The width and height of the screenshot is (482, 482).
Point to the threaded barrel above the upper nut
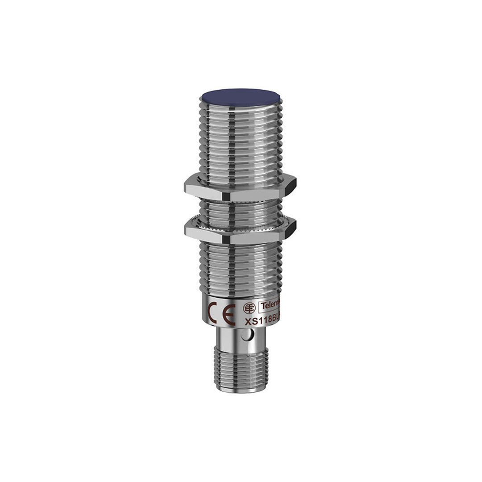[x=241, y=143]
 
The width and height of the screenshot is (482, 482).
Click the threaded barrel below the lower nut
[x=241, y=268]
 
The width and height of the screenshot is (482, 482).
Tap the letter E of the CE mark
[x=229, y=314]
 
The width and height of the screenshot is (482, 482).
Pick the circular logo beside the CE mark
[x=249, y=308]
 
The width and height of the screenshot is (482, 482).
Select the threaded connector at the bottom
[x=241, y=368]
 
